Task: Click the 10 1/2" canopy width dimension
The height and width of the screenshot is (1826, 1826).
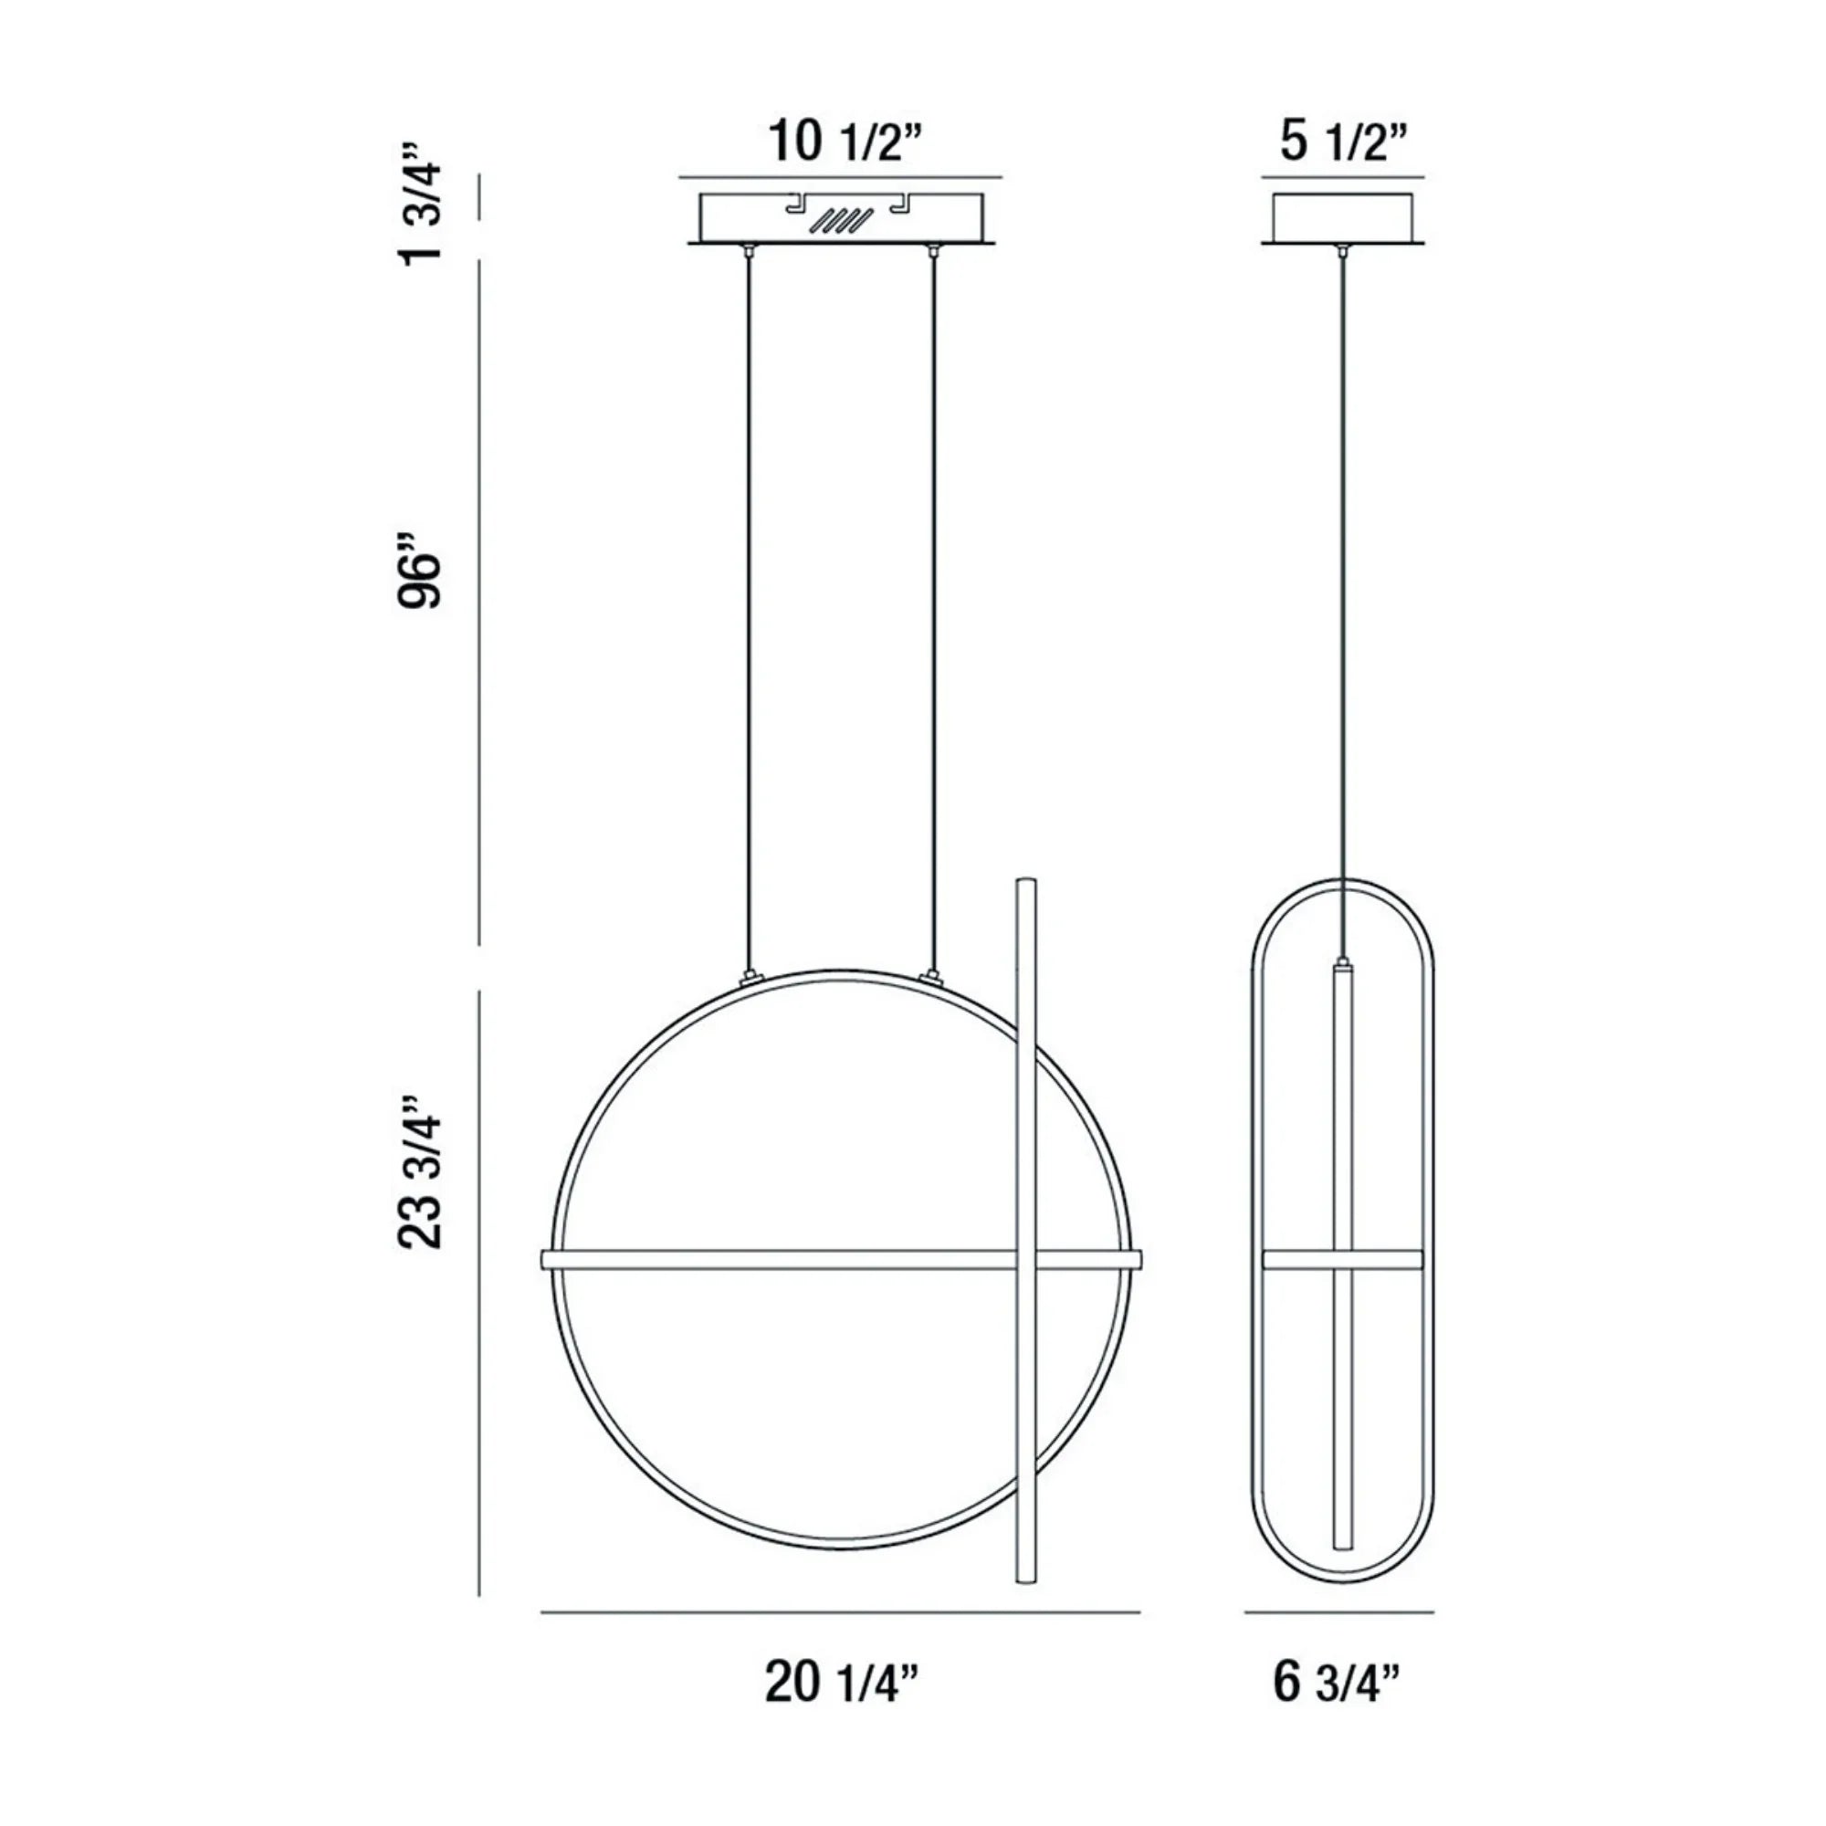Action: (x=844, y=142)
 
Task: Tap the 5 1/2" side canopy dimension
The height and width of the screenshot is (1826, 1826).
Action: (x=1344, y=142)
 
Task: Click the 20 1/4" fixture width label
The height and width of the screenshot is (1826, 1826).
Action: (x=841, y=1684)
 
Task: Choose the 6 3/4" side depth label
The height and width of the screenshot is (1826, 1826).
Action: (x=1337, y=1684)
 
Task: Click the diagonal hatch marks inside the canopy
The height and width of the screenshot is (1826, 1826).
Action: (x=843, y=221)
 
